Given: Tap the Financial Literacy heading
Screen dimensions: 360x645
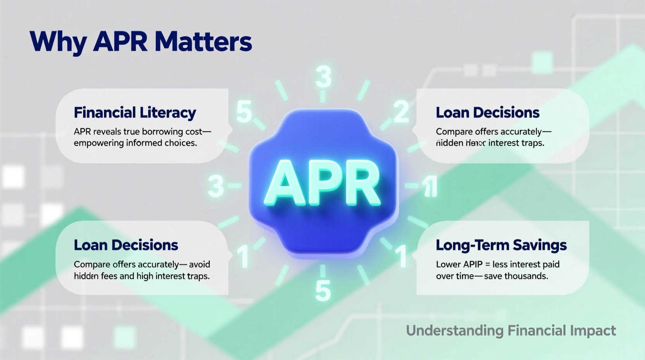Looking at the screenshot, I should point(135,112).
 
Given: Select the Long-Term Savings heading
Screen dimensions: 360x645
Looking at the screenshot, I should point(501,245).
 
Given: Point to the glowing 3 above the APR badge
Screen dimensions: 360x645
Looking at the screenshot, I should point(323,77).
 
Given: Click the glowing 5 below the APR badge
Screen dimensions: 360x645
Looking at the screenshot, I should point(323,291).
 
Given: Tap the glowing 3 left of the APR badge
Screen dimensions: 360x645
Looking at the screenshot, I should point(216,186).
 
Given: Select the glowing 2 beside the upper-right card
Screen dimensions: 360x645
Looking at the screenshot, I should point(401,112).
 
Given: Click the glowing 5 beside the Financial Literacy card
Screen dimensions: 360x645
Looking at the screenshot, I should point(244,112).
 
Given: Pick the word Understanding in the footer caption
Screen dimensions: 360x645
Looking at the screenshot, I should point(454,331).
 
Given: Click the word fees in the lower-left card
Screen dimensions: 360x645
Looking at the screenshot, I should point(109,276).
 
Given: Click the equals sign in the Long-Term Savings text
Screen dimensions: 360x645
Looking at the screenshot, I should point(488,265).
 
